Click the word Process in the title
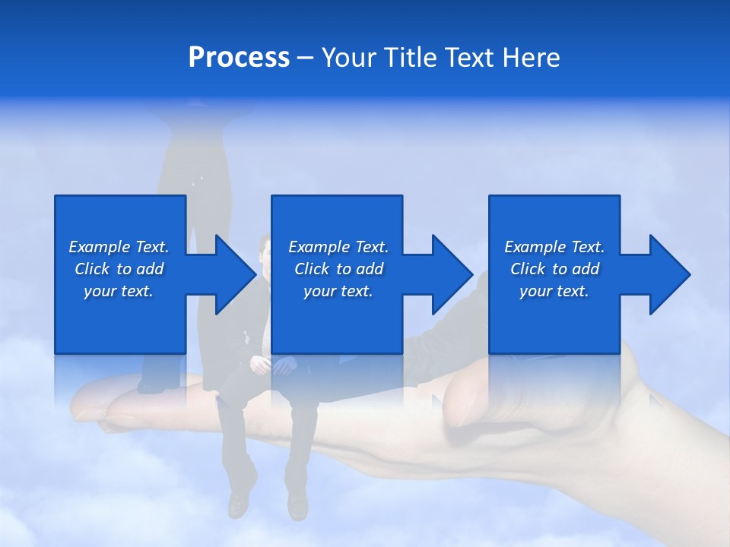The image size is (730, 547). click(x=239, y=58)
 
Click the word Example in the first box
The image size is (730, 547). click(x=100, y=247)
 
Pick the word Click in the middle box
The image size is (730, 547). click(x=312, y=269)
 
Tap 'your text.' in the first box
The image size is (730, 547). click(x=119, y=291)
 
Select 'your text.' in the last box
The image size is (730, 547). click(x=554, y=291)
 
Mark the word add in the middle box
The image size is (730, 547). click(x=369, y=269)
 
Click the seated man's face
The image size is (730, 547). click(x=265, y=255)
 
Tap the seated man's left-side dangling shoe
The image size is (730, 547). click(x=239, y=501)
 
